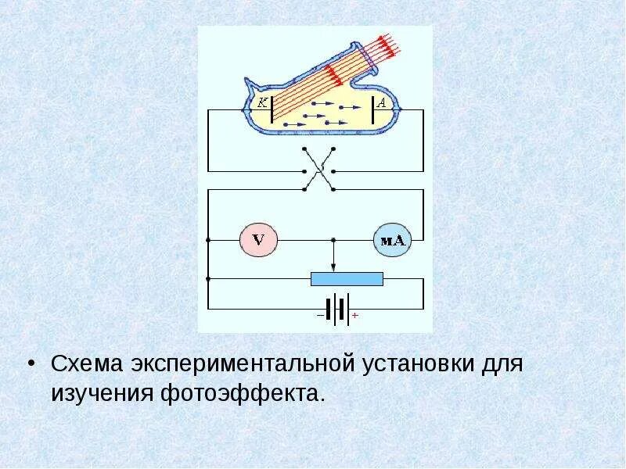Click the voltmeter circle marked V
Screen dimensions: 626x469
click(254, 240)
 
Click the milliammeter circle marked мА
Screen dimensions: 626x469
click(391, 240)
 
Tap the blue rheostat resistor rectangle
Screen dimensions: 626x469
click(347, 278)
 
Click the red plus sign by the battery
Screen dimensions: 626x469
click(355, 315)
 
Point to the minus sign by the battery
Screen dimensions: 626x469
click(320, 315)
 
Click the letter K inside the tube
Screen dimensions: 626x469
click(261, 102)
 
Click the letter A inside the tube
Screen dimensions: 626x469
click(382, 102)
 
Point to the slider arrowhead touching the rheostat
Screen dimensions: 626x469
click(334, 268)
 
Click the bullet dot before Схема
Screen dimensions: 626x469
click(32, 365)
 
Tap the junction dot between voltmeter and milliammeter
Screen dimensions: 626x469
click(334, 240)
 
